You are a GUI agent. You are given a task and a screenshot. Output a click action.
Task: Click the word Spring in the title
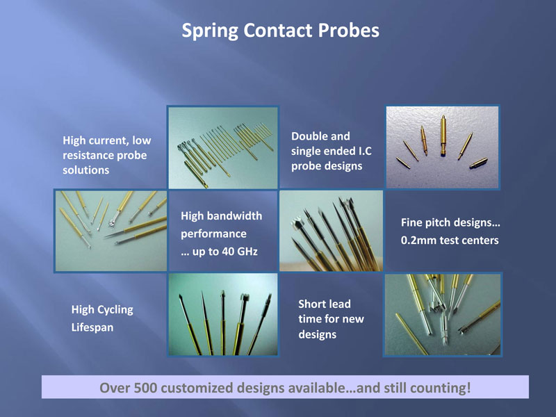pyautogui.click(x=210, y=31)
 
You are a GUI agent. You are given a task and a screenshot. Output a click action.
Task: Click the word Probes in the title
pyautogui.click(x=349, y=30)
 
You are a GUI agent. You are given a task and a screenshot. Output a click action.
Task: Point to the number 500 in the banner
pyautogui.click(x=145, y=388)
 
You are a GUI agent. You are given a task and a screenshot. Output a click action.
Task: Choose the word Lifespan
pyautogui.click(x=92, y=327)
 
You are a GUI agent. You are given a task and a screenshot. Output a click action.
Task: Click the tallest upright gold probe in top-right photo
pyautogui.click(x=443, y=136)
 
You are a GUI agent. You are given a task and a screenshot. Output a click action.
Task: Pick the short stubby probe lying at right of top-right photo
pyautogui.click(x=478, y=163)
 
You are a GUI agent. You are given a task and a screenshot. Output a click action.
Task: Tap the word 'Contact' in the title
pyautogui.click(x=278, y=30)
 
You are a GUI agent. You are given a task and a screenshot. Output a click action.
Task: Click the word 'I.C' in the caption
pyautogui.click(x=363, y=151)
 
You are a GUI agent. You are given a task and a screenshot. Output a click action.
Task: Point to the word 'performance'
pyautogui.click(x=214, y=234)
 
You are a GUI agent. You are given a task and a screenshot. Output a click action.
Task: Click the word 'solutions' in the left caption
pyautogui.click(x=85, y=170)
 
